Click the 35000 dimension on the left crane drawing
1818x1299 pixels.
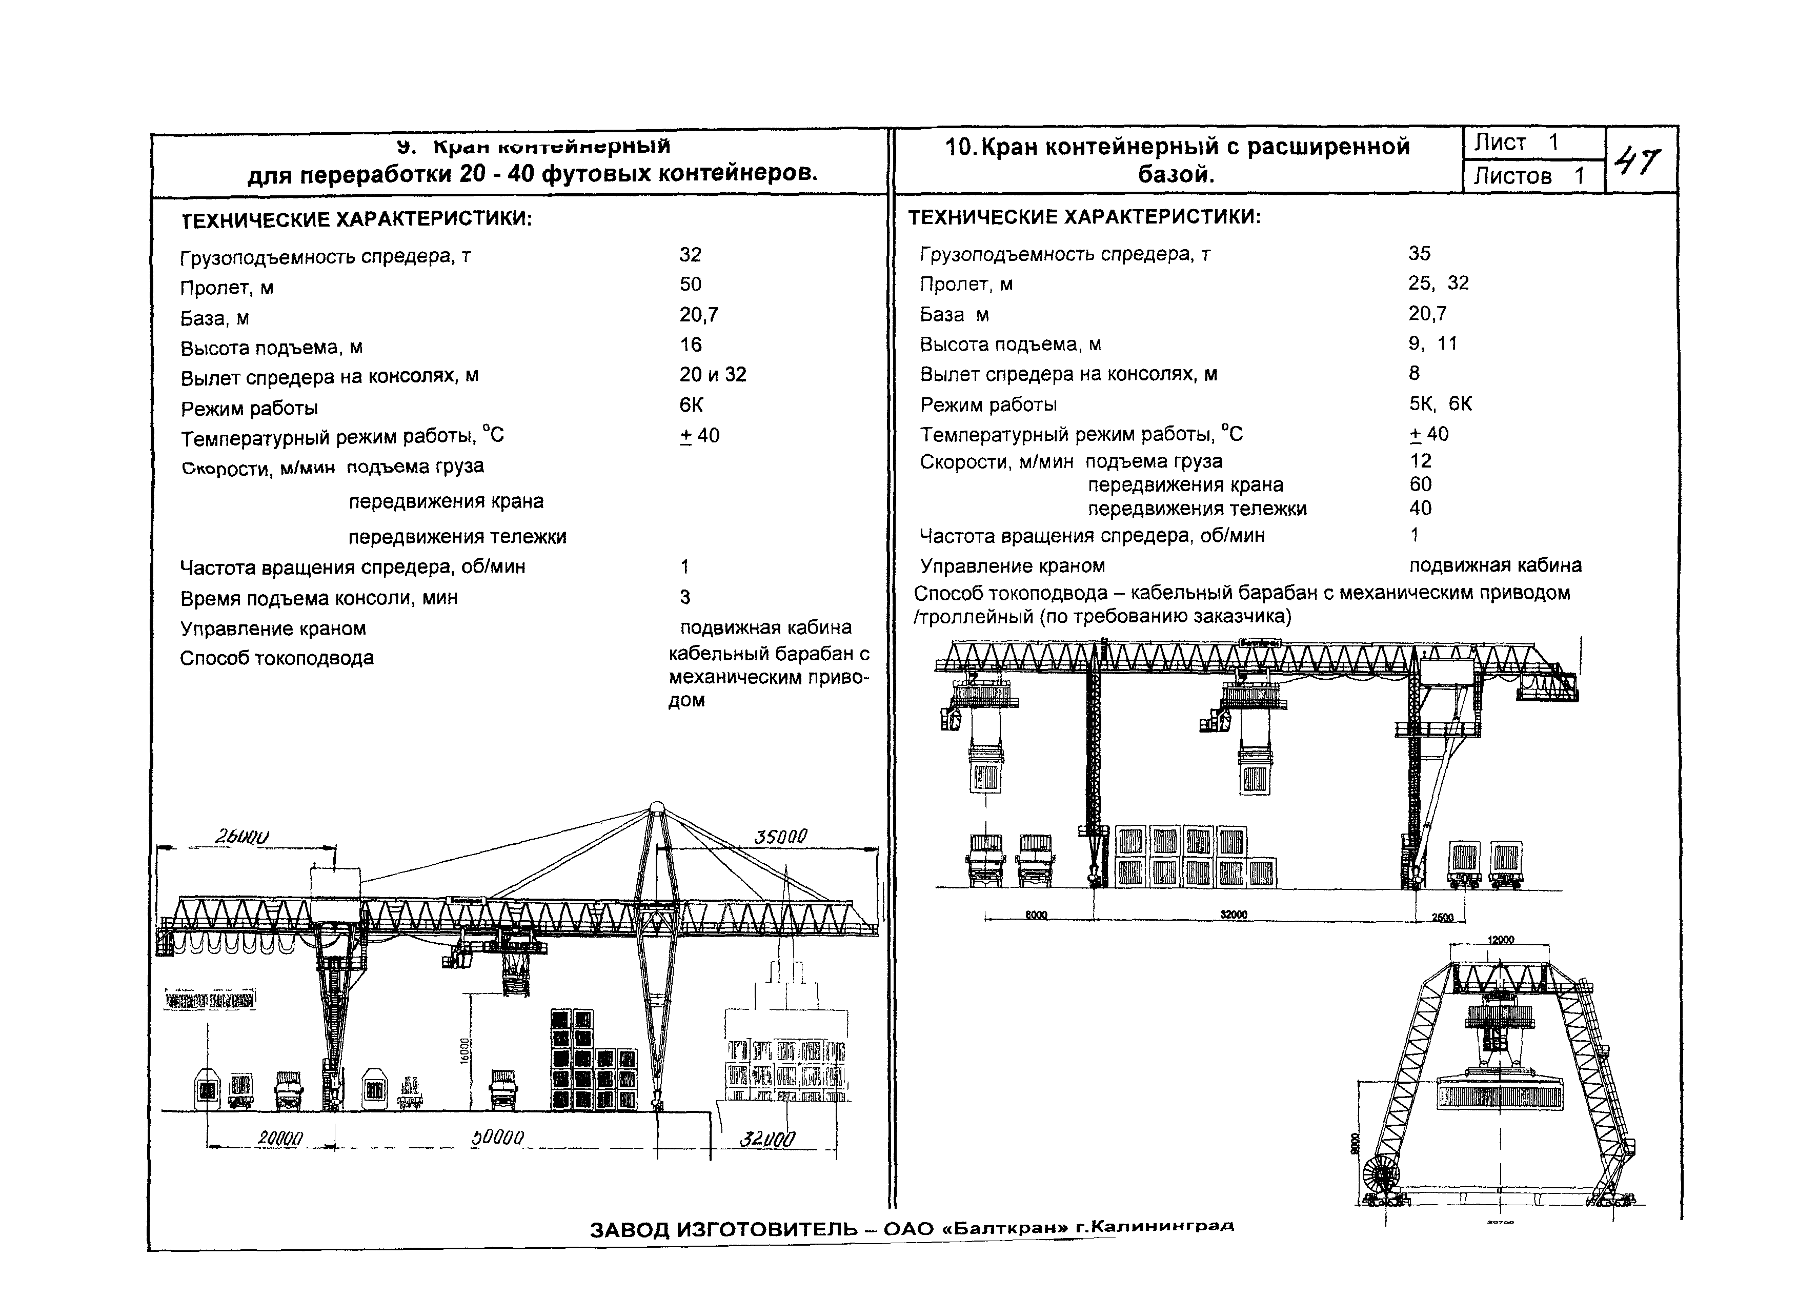tap(781, 837)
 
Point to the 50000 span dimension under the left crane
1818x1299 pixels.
tap(497, 1136)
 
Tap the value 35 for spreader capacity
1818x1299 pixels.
tap(1419, 254)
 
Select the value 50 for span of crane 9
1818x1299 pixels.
tap(690, 284)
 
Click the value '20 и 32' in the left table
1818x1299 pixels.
tap(713, 374)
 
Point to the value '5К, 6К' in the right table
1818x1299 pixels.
tap(1440, 404)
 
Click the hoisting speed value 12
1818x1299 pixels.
tap(1421, 461)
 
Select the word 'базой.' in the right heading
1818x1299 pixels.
tap(1176, 174)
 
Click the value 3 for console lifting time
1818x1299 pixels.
tap(684, 597)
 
